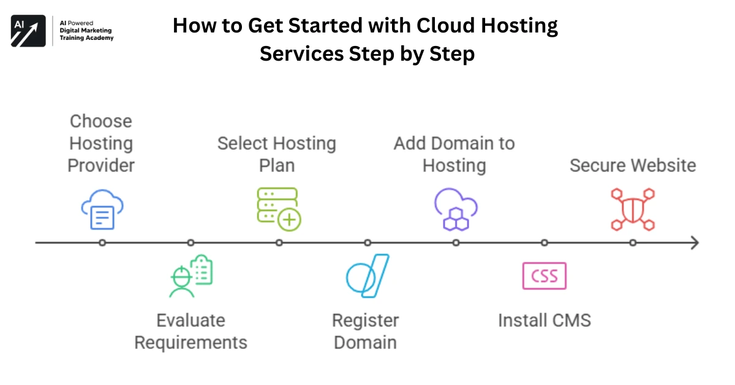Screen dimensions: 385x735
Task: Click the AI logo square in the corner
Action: tap(28, 31)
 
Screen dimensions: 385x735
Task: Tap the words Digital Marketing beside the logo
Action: tap(86, 31)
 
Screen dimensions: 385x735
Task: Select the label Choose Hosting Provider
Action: tap(101, 143)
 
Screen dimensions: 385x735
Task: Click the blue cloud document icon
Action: tap(102, 209)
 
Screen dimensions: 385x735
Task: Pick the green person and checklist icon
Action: tap(191, 276)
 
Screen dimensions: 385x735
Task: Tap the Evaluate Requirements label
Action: tap(190, 331)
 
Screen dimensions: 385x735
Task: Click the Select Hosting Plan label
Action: tap(277, 154)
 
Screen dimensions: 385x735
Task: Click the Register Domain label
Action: tap(366, 331)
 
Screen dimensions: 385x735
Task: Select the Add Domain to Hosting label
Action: tap(454, 154)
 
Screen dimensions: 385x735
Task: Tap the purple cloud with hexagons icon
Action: tap(456, 209)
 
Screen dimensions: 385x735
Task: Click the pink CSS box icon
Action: tap(544, 276)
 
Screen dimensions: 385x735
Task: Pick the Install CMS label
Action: tap(544, 320)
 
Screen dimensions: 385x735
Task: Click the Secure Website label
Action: tap(633, 166)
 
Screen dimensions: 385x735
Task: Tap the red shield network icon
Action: tap(633, 209)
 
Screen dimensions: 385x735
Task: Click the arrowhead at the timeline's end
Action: tap(694, 243)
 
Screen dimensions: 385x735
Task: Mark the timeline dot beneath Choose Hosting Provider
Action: tap(102, 243)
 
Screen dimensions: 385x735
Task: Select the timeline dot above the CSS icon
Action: tap(545, 243)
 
